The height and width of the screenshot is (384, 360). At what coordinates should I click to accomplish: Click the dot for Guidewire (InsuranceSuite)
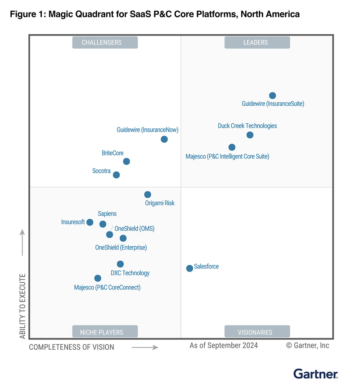click(272, 95)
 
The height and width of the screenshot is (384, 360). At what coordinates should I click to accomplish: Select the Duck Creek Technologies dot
click(250, 135)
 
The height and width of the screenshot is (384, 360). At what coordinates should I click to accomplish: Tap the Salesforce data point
click(189, 268)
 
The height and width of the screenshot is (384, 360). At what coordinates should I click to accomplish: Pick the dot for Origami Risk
click(148, 194)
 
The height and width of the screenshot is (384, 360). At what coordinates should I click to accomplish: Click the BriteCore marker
click(126, 161)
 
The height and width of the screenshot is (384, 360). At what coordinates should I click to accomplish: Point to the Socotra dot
click(116, 175)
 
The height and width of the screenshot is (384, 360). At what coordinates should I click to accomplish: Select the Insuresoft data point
click(90, 222)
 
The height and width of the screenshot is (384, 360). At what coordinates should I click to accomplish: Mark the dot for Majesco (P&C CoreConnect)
click(98, 278)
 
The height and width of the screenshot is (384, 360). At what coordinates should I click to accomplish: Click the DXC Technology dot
click(120, 264)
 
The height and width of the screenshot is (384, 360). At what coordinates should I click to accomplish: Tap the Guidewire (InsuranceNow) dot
click(164, 139)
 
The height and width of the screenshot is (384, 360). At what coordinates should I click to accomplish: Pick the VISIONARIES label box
click(255, 332)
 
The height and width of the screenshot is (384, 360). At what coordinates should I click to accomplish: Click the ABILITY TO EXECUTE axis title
click(22, 306)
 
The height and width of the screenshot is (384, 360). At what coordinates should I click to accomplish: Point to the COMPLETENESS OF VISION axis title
click(72, 347)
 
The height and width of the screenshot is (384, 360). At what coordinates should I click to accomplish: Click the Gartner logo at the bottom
click(316, 373)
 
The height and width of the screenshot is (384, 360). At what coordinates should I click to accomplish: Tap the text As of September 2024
click(224, 345)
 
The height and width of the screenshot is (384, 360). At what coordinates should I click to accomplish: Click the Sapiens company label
click(107, 214)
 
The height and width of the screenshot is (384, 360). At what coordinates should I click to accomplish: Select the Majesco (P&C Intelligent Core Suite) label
click(227, 157)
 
